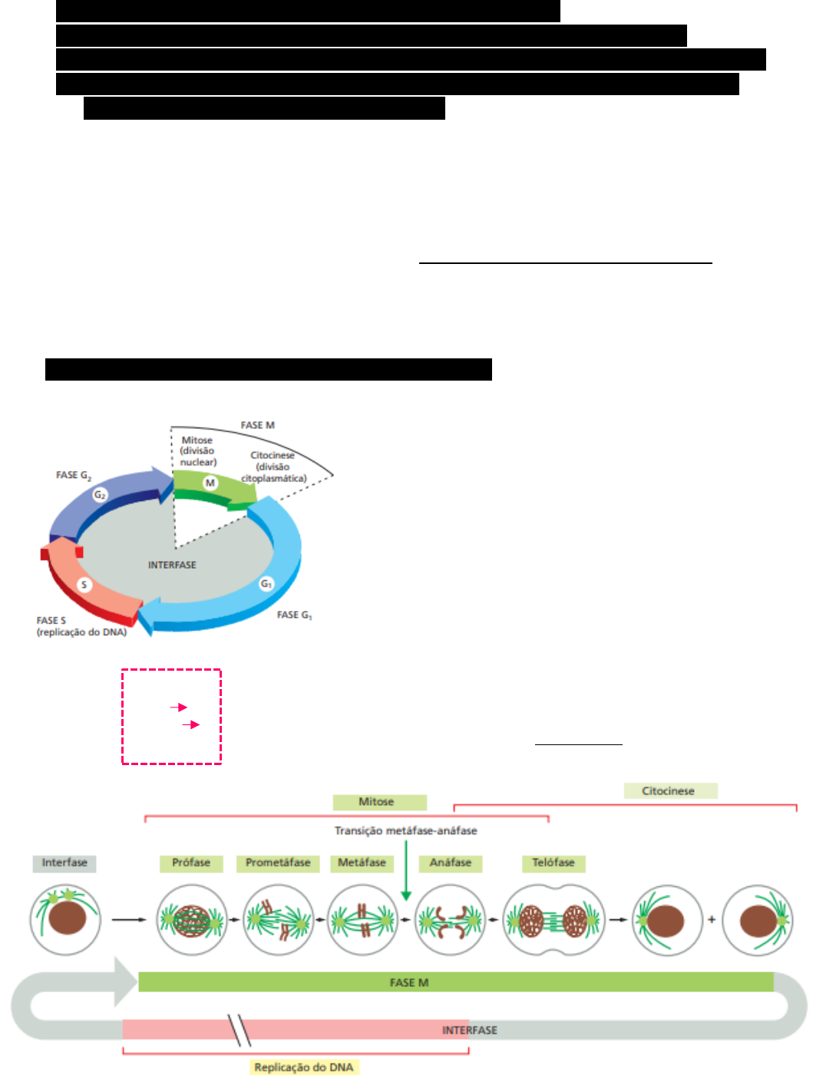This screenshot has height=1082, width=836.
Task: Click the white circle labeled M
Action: click(x=210, y=483)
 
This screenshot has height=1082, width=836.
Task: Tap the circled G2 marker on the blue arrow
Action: click(x=100, y=495)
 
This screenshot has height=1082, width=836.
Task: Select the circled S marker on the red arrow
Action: click(x=84, y=585)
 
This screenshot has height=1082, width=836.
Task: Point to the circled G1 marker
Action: click(x=266, y=584)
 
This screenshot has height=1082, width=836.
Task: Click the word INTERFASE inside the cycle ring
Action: click(x=172, y=565)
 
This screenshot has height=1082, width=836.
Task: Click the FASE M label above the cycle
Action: click(x=257, y=425)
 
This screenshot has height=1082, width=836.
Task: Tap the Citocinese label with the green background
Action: click(x=669, y=791)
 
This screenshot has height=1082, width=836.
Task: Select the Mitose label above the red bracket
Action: click(x=376, y=802)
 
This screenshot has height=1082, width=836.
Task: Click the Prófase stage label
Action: click(x=191, y=863)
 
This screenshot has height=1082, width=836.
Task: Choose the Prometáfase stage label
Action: click(x=278, y=863)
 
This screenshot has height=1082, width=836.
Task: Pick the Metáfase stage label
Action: click(x=362, y=863)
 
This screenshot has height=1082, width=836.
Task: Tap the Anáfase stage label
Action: click(x=451, y=863)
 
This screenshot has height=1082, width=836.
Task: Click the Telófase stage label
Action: click(x=553, y=863)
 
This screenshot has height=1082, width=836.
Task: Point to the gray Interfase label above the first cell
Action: click(x=64, y=863)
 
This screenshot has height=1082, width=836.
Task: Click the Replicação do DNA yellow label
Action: click(x=304, y=1067)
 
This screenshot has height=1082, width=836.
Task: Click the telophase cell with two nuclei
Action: click(x=553, y=920)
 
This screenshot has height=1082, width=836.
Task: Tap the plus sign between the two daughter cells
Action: click(x=712, y=919)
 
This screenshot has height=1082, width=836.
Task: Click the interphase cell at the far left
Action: click(x=65, y=919)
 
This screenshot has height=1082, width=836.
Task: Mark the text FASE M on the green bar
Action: click(x=409, y=982)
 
